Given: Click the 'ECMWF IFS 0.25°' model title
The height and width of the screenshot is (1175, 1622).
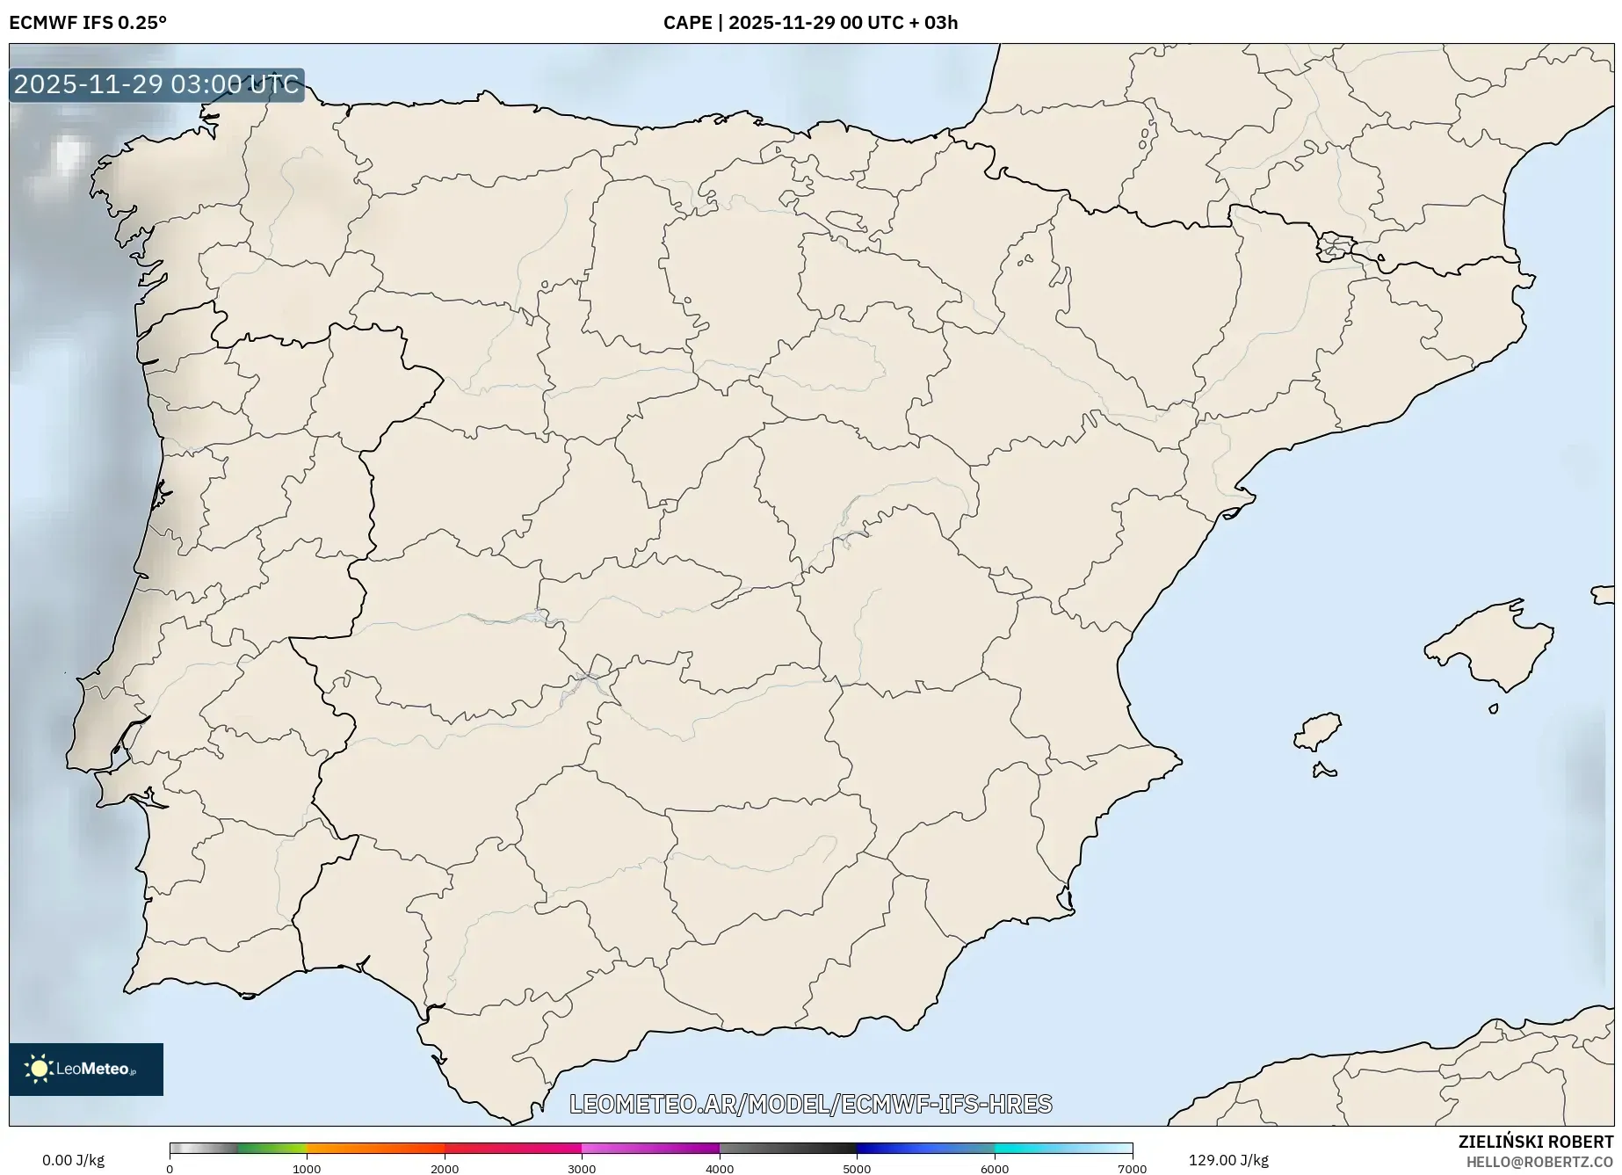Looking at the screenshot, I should tap(88, 23).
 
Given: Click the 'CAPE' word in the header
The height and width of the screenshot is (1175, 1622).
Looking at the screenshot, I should tap(687, 23).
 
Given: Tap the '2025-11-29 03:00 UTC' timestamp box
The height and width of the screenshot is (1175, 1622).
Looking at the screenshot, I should tap(156, 85).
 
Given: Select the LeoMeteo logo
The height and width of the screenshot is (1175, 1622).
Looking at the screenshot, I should tap(86, 1069).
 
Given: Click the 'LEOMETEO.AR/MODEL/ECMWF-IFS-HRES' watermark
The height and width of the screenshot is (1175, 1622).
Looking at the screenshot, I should tap(810, 1104).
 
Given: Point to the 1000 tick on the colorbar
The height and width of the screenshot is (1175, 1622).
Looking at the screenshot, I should tap(307, 1169).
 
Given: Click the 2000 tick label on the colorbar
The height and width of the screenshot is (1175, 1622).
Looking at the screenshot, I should tap(445, 1169).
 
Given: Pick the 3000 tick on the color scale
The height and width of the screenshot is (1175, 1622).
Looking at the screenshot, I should tap(582, 1169).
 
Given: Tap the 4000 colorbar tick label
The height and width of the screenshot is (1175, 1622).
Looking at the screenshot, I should tap(720, 1169).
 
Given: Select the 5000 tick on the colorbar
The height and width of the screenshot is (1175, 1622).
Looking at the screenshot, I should tap(857, 1169).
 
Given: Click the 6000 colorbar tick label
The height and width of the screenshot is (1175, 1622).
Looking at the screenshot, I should tap(995, 1169).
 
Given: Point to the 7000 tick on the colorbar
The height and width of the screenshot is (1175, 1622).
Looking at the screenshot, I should tap(1132, 1169).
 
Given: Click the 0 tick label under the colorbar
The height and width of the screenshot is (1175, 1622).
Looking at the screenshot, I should tap(170, 1169).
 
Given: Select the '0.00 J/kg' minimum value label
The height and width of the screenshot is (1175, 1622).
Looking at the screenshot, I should tap(73, 1160).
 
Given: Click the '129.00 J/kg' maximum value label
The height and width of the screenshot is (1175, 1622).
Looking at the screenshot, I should tap(1228, 1160).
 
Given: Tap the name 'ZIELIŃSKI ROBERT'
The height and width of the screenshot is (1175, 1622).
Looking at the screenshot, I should tap(1536, 1142).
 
